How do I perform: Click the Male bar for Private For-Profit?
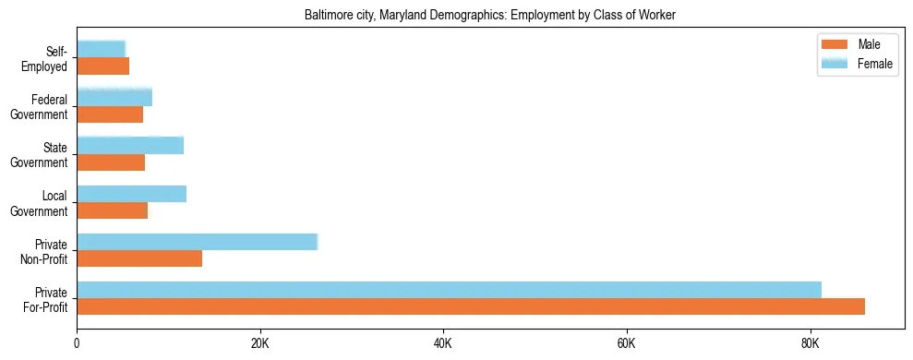pyautogui.click(x=471, y=306)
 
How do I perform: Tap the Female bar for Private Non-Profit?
pyautogui.click(x=197, y=242)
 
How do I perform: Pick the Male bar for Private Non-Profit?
pyautogui.click(x=139, y=258)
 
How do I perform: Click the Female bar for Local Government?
pyautogui.click(x=131, y=194)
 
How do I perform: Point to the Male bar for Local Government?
pyautogui.click(x=112, y=210)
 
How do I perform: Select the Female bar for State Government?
pyautogui.click(x=130, y=145)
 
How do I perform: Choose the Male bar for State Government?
pyautogui.click(x=111, y=162)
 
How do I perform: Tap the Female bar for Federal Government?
pyautogui.click(x=114, y=97)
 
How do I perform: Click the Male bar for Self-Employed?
pyautogui.click(x=102, y=66)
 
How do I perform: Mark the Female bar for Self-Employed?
pyautogui.click(x=101, y=49)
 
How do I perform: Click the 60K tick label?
pyautogui.click(x=626, y=344)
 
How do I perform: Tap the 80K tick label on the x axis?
pyautogui.click(x=810, y=344)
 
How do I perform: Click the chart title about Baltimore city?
pyautogui.click(x=490, y=15)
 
